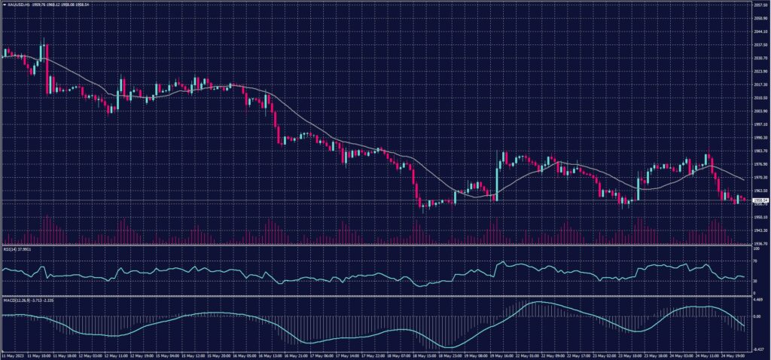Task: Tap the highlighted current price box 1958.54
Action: (760, 200)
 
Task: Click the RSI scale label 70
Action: (754, 259)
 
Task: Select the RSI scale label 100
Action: (755, 248)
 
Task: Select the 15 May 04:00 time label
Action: (166, 355)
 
